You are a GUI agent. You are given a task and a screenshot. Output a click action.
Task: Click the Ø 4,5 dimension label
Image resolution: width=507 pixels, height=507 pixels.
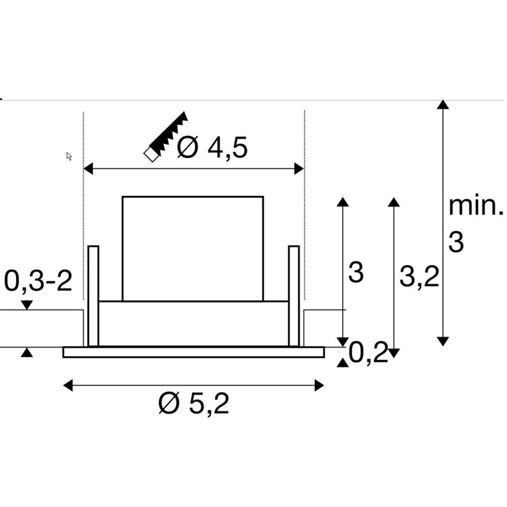coord(212,148)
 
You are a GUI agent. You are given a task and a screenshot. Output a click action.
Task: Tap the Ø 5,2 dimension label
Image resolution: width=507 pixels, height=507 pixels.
coord(194,403)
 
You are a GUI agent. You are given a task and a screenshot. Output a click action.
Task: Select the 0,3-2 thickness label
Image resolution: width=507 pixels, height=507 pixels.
coord(38,281)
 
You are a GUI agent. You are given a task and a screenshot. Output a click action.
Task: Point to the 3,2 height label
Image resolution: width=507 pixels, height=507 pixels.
coord(419,277)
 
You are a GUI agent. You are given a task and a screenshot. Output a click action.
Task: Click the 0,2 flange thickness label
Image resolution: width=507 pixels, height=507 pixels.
coord(368,353)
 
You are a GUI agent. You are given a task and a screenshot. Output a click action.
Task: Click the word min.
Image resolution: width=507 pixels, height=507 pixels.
coord(476,206)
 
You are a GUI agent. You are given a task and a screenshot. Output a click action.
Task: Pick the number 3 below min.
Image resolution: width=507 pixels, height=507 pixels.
coord(456,242)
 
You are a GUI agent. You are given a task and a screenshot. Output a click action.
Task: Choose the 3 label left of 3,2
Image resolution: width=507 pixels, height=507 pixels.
coord(356,273)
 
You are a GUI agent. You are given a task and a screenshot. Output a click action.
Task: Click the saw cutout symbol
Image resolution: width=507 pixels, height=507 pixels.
coord(166,136)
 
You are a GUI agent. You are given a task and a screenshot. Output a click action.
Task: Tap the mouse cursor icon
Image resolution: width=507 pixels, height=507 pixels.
coord(68,156)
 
